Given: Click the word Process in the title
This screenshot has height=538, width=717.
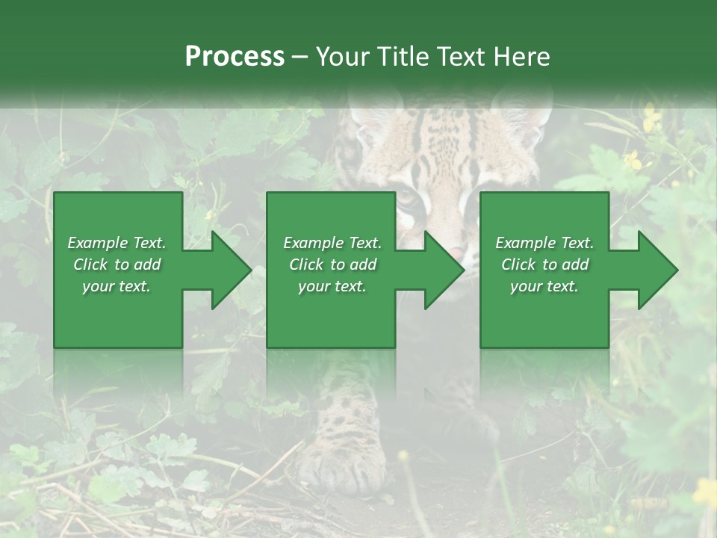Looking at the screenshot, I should [235, 57].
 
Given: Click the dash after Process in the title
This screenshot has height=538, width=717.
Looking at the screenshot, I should [300, 58].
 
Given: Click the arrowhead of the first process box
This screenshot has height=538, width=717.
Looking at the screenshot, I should [232, 270].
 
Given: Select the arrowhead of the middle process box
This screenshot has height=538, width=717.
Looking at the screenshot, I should [444, 270].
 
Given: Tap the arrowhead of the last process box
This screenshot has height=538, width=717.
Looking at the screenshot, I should [658, 270].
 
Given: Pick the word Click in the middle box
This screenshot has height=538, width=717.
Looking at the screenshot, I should [306, 265].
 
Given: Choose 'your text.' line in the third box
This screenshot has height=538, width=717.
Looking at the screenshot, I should [544, 286].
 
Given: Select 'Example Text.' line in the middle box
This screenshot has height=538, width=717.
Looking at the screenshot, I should [332, 243].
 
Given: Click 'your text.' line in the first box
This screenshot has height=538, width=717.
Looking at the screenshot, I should [116, 286].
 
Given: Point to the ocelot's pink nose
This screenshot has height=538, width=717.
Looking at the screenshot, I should [456, 250].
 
